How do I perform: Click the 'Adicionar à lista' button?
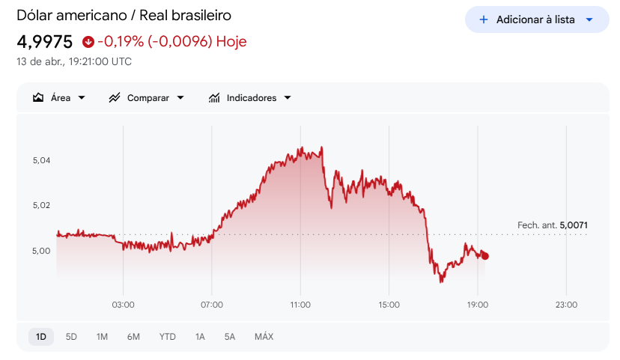pyautogui.click(x=535, y=19)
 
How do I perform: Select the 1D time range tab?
pyautogui.click(x=41, y=337)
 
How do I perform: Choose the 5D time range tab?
pyautogui.click(x=71, y=337)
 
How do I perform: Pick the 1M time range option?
pyautogui.click(x=102, y=337)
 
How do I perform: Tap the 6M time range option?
pyautogui.click(x=133, y=337)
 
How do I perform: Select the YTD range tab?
pyautogui.click(x=167, y=337)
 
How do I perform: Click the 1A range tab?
pyautogui.click(x=200, y=337)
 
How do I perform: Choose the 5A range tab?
pyautogui.click(x=230, y=337)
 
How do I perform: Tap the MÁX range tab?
pyautogui.click(x=264, y=337)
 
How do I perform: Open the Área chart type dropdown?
pyautogui.click(x=59, y=98)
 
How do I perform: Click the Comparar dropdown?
pyautogui.click(x=146, y=98)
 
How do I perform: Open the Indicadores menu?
pyautogui.click(x=249, y=98)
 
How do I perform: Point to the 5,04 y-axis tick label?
pyautogui.click(x=41, y=160)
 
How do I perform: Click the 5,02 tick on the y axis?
pyautogui.click(x=41, y=205)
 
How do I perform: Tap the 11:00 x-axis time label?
pyautogui.click(x=300, y=305)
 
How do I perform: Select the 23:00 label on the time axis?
pyautogui.click(x=566, y=305)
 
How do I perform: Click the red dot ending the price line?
pyautogui.click(x=485, y=256)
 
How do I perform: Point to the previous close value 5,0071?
pyautogui.click(x=574, y=225)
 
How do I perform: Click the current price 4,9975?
pyautogui.click(x=44, y=41)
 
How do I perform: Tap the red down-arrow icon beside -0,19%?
pyautogui.click(x=88, y=42)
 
